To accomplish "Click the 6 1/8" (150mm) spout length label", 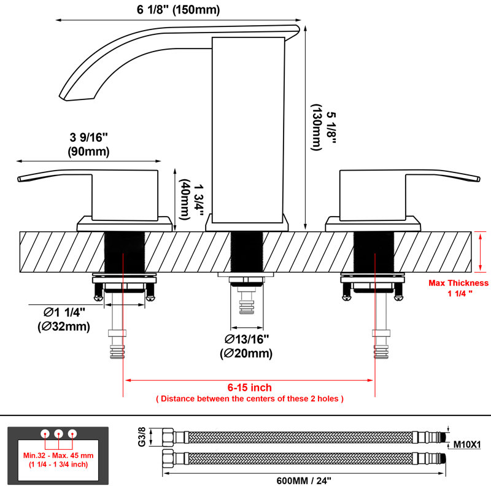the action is [178, 10].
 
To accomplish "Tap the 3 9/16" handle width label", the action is [88, 137].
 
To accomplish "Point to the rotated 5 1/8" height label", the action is [331, 128].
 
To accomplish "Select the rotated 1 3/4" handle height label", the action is [198, 200].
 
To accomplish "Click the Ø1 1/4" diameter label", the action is [64, 312].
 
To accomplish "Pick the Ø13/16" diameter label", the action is [247, 339].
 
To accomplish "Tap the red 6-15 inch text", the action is [249, 387].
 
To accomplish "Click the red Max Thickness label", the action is [458, 283].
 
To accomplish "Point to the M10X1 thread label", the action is [467, 444].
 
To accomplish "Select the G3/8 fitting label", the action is [142, 437].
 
